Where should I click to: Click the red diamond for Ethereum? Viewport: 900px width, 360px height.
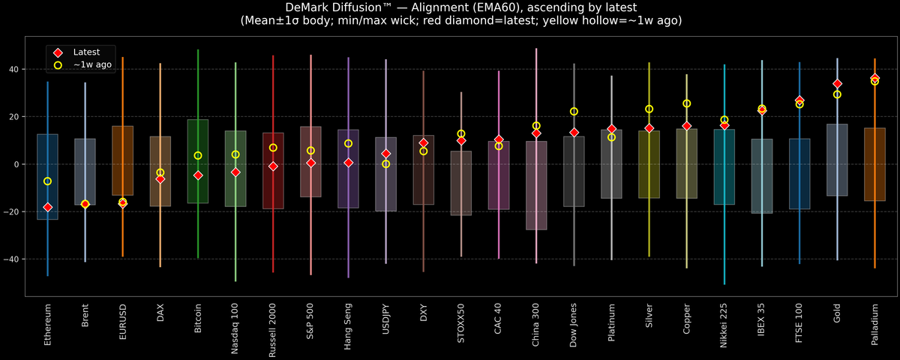pyautogui.click(x=48, y=207)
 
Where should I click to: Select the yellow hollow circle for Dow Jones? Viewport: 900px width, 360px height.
pyautogui.click(x=574, y=112)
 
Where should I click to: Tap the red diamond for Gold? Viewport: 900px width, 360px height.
pyautogui.click(x=837, y=84)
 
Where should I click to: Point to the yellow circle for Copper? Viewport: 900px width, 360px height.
pyautogui.click(x=686, y=103)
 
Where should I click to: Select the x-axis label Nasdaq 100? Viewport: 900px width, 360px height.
pyautogui.click(x=235, y=328)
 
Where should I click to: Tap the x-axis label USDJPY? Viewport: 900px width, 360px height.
pyautogui.click(x=386, y=323)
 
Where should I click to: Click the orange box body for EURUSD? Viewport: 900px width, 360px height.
pyautogui.click(x=123, y=160)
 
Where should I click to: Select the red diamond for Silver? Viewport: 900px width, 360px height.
pyautogui.click(x=649, y=128)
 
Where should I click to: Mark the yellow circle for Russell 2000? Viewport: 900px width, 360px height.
pyautogui.click(x=273, y=148)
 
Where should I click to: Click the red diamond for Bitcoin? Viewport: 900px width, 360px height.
pyautogui.click(x=198, y=175)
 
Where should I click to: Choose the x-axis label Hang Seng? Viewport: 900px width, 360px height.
pyautogui.click(x=349, y=325)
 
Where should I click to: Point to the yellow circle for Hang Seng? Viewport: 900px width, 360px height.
pyautogui.click(x=349, y=143)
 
